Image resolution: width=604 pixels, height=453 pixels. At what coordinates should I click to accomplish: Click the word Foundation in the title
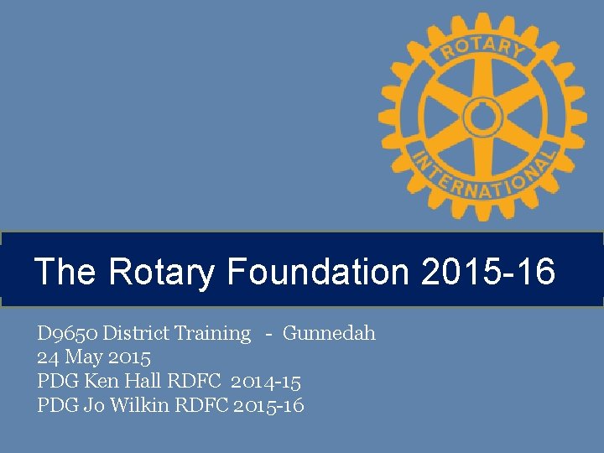pos(318,272)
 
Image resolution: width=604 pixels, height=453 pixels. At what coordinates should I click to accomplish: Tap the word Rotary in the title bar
pos(163,272)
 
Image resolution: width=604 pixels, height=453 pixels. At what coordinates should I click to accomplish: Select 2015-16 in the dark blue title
pos(488,272)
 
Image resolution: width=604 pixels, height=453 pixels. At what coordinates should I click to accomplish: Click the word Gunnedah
pos(329,334)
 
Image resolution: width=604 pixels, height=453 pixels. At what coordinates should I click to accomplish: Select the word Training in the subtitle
pos(213,334)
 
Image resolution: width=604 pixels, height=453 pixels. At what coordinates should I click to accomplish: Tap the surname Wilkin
pos(135,406)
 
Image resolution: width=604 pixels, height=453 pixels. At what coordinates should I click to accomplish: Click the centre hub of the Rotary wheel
pos(482,117)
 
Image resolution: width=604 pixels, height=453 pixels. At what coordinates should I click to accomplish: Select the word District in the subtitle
pos(138,334)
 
